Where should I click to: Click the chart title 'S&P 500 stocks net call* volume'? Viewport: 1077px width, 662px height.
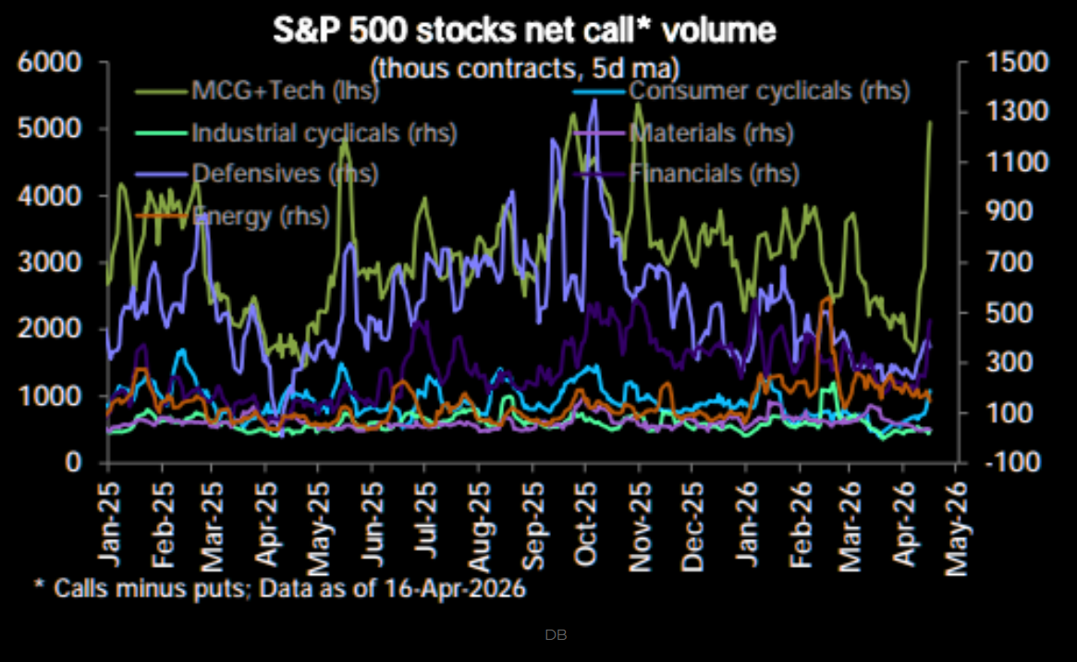point(524,31)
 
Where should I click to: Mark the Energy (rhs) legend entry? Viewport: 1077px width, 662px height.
point(250,216)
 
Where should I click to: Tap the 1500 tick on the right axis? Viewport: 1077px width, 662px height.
point(1014,63)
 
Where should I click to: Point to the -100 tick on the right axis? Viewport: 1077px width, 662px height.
point(1014,461)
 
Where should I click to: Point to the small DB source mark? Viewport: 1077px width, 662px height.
point(556,635)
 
